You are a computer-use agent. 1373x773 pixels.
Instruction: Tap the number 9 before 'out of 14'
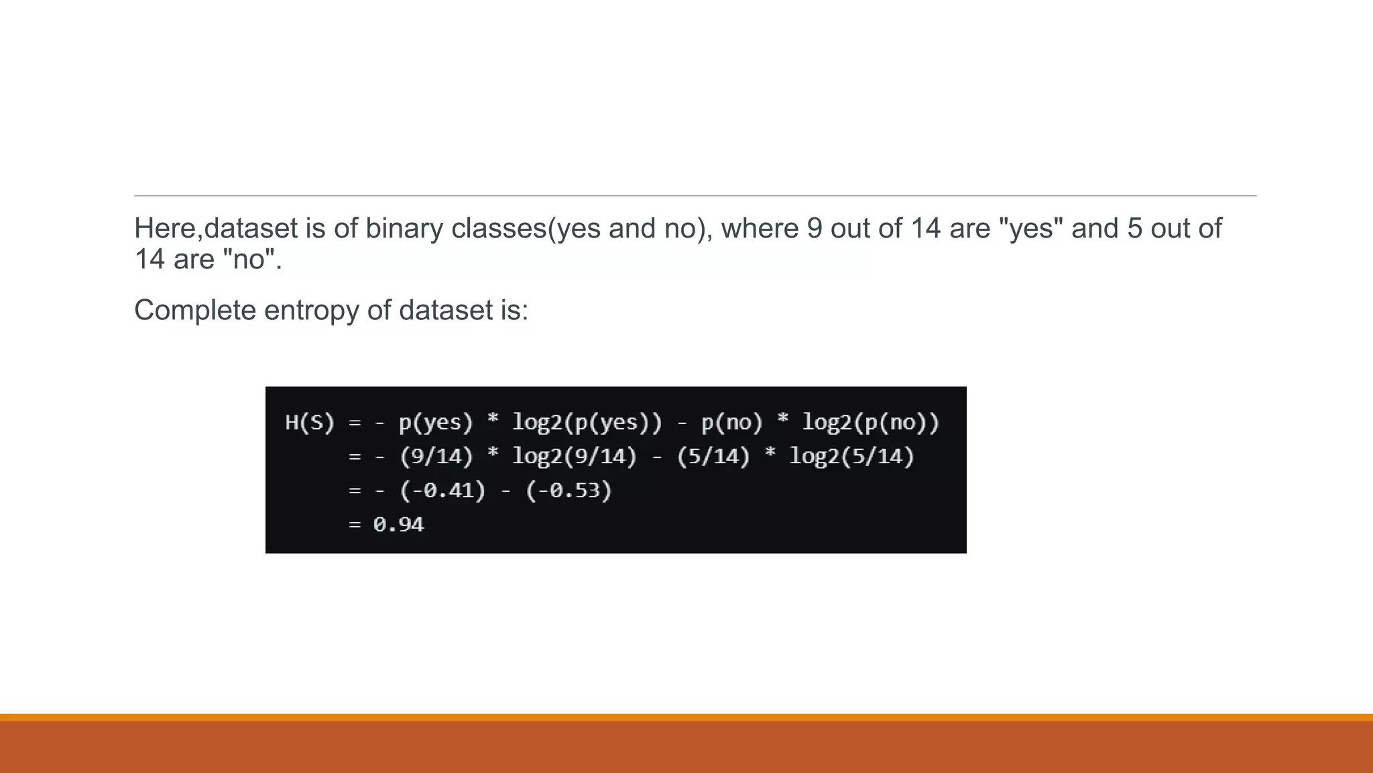coord(814,229)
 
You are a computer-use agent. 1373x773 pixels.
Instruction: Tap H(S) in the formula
coord(309,423)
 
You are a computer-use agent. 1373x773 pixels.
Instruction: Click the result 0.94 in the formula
coord(398,525)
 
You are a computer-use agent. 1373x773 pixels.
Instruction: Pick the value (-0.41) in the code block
coord(442,491)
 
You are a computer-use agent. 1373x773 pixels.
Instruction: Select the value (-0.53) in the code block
coord(569,491)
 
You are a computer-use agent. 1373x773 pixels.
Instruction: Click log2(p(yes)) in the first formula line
coord(587,423)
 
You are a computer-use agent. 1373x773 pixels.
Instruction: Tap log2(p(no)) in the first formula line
coord(870,423)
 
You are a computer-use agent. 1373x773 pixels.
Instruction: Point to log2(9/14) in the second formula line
coord(574,457)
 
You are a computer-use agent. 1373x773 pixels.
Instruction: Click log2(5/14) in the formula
coord(851,457)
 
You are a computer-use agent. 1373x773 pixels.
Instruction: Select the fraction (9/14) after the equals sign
coord(436,457)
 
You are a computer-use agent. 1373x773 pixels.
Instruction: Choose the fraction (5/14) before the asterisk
coord(713,457)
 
